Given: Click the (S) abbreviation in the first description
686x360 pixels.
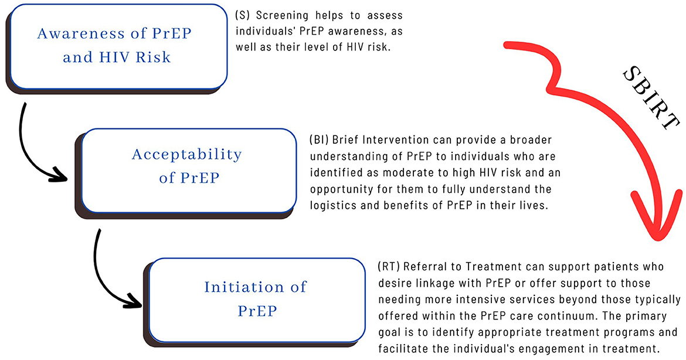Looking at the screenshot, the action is tap(242, 15).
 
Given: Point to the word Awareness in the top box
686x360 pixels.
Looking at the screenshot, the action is tap(75, 33).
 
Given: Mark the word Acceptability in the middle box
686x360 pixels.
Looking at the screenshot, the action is tap(187, 155).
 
